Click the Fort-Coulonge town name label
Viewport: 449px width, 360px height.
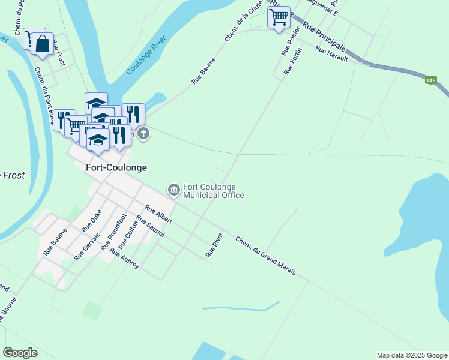tap(116, 168)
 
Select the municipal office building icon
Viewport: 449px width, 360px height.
tap(174, 190)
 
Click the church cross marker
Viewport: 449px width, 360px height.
tap(143, 133)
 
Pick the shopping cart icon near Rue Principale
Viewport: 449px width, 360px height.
tap(279, 18)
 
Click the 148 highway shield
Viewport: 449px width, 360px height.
tap(430, 80)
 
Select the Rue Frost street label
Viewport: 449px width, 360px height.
tap(58, 52)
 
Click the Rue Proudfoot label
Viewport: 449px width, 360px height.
tap(113, 232)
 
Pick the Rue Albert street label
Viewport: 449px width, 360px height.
tap(158, 216)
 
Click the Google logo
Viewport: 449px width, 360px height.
tap(20, 353)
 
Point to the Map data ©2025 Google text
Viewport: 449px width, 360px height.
tap(411, 355)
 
